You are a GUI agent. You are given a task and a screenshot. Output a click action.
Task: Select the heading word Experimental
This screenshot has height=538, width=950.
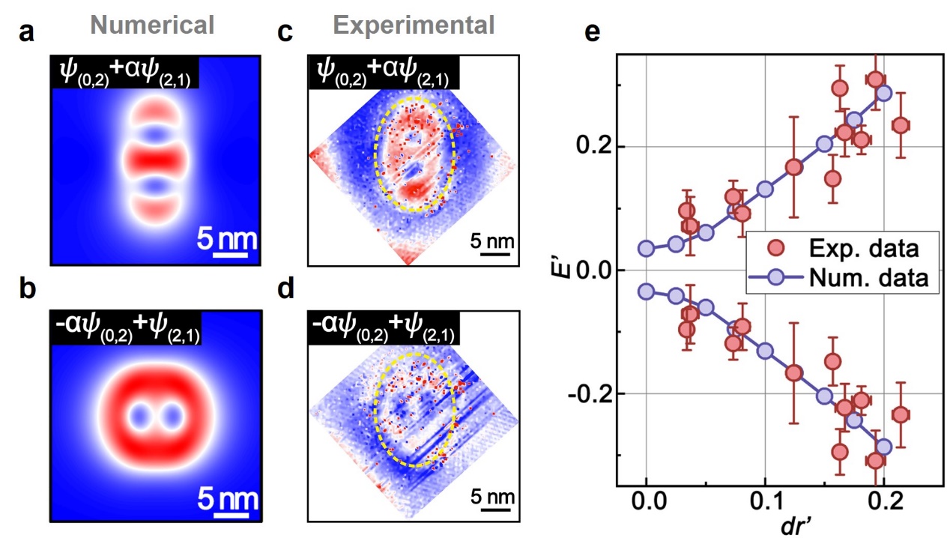[414, 25]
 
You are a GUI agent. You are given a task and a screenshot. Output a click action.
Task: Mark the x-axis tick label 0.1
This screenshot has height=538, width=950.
[765, 502]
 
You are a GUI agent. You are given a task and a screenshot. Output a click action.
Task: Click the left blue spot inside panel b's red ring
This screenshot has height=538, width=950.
[140, 416]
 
